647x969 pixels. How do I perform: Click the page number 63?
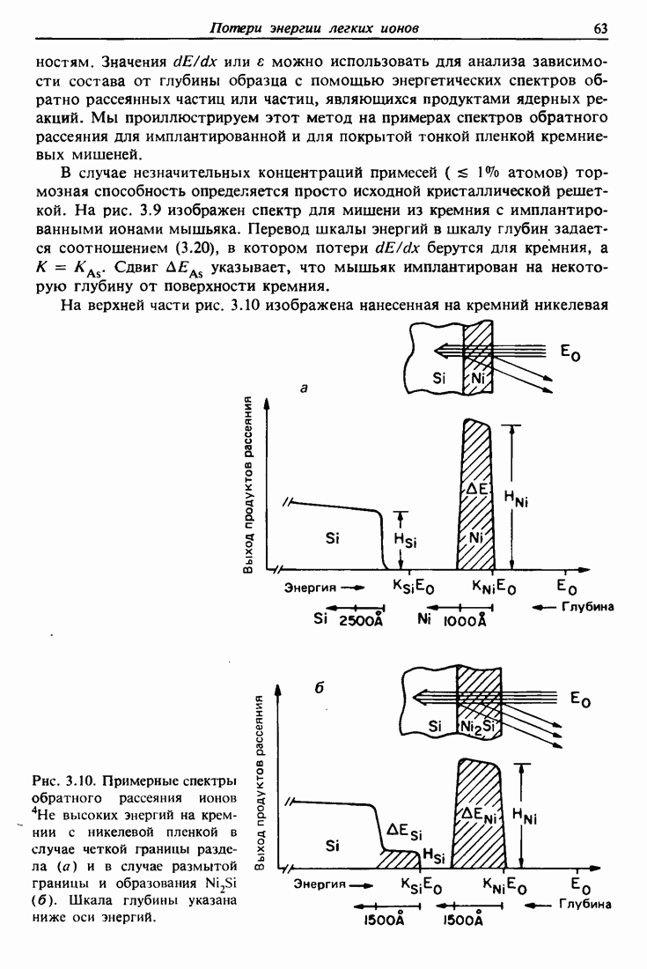pos(601,29)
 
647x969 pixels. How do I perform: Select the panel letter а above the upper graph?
pos(304,387)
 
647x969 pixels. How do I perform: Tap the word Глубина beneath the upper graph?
pos(585,607)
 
